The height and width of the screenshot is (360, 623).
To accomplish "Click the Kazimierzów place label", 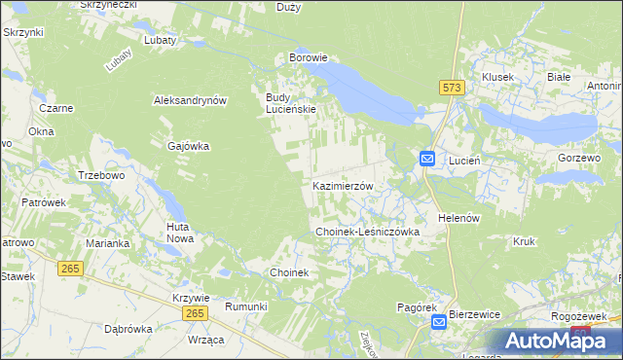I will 343,185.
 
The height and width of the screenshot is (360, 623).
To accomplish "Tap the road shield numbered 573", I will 451,88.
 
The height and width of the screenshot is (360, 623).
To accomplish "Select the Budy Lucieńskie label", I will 291,103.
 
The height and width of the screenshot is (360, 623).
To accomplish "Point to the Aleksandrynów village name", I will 190,100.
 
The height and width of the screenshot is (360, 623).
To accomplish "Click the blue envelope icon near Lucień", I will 427,159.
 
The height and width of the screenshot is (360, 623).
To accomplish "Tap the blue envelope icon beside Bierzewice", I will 439,320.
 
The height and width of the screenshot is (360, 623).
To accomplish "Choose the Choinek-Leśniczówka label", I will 367,233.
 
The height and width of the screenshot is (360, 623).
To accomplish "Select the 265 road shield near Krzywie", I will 195,312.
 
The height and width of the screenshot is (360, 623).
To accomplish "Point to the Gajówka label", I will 189,146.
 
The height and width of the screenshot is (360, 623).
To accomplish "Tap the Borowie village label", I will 308,57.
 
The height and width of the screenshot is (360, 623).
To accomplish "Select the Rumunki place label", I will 246,306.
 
